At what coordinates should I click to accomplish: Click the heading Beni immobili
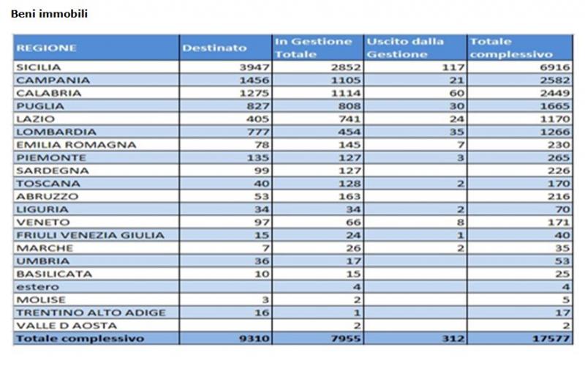point(49,13)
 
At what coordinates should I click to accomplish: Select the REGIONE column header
point(46,48)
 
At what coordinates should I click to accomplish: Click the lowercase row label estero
point(31,287)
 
